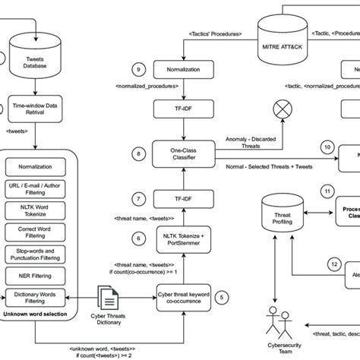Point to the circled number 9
137,70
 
